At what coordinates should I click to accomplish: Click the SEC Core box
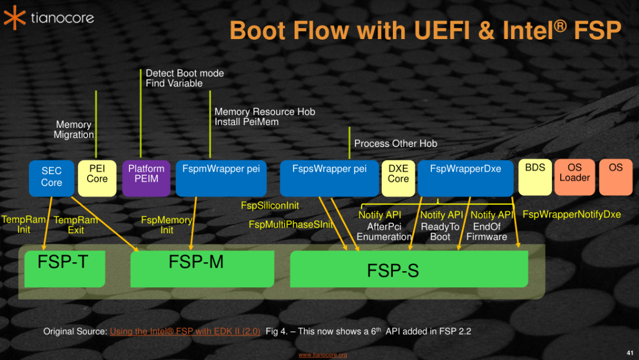pyautogui.click(x=51, y=178)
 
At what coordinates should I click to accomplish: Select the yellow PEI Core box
pyautogui.click(x=97, y=178)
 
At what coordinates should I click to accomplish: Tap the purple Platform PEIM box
pyautogui.click(x=146, y=178)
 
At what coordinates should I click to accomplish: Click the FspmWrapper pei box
pyautogui.click(x=221, y=178)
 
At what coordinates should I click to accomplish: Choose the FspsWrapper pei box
pyautogui.click(x=329, y=178)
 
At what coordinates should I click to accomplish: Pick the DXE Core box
pyautogui.click(x=398, y=178)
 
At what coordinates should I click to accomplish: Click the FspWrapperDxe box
pyautogui.click(x=466, y=178)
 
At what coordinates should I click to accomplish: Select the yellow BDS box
pyautogui.click(x=535, y=176)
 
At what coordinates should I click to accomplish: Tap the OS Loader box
pyautogui.click(x=575, y=176)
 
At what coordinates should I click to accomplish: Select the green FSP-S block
pyautogui.click(x=408, y=269)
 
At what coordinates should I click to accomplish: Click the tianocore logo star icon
pyautogui.click(x=15, y=17)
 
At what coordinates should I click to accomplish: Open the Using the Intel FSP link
pyautogui.click(x=185, y=332)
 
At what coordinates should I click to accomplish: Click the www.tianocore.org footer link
pyautogui.click(x=322, y=355)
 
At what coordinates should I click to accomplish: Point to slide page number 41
pyautogui.click(x=630, y=353)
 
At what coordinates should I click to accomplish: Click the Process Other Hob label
pyautogui.click(x=395, y=143)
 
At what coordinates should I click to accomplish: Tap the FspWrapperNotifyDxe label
pyautogui.click(x=572, y=214)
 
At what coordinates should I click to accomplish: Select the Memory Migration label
pyautogui.click(x=73, y=130)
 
